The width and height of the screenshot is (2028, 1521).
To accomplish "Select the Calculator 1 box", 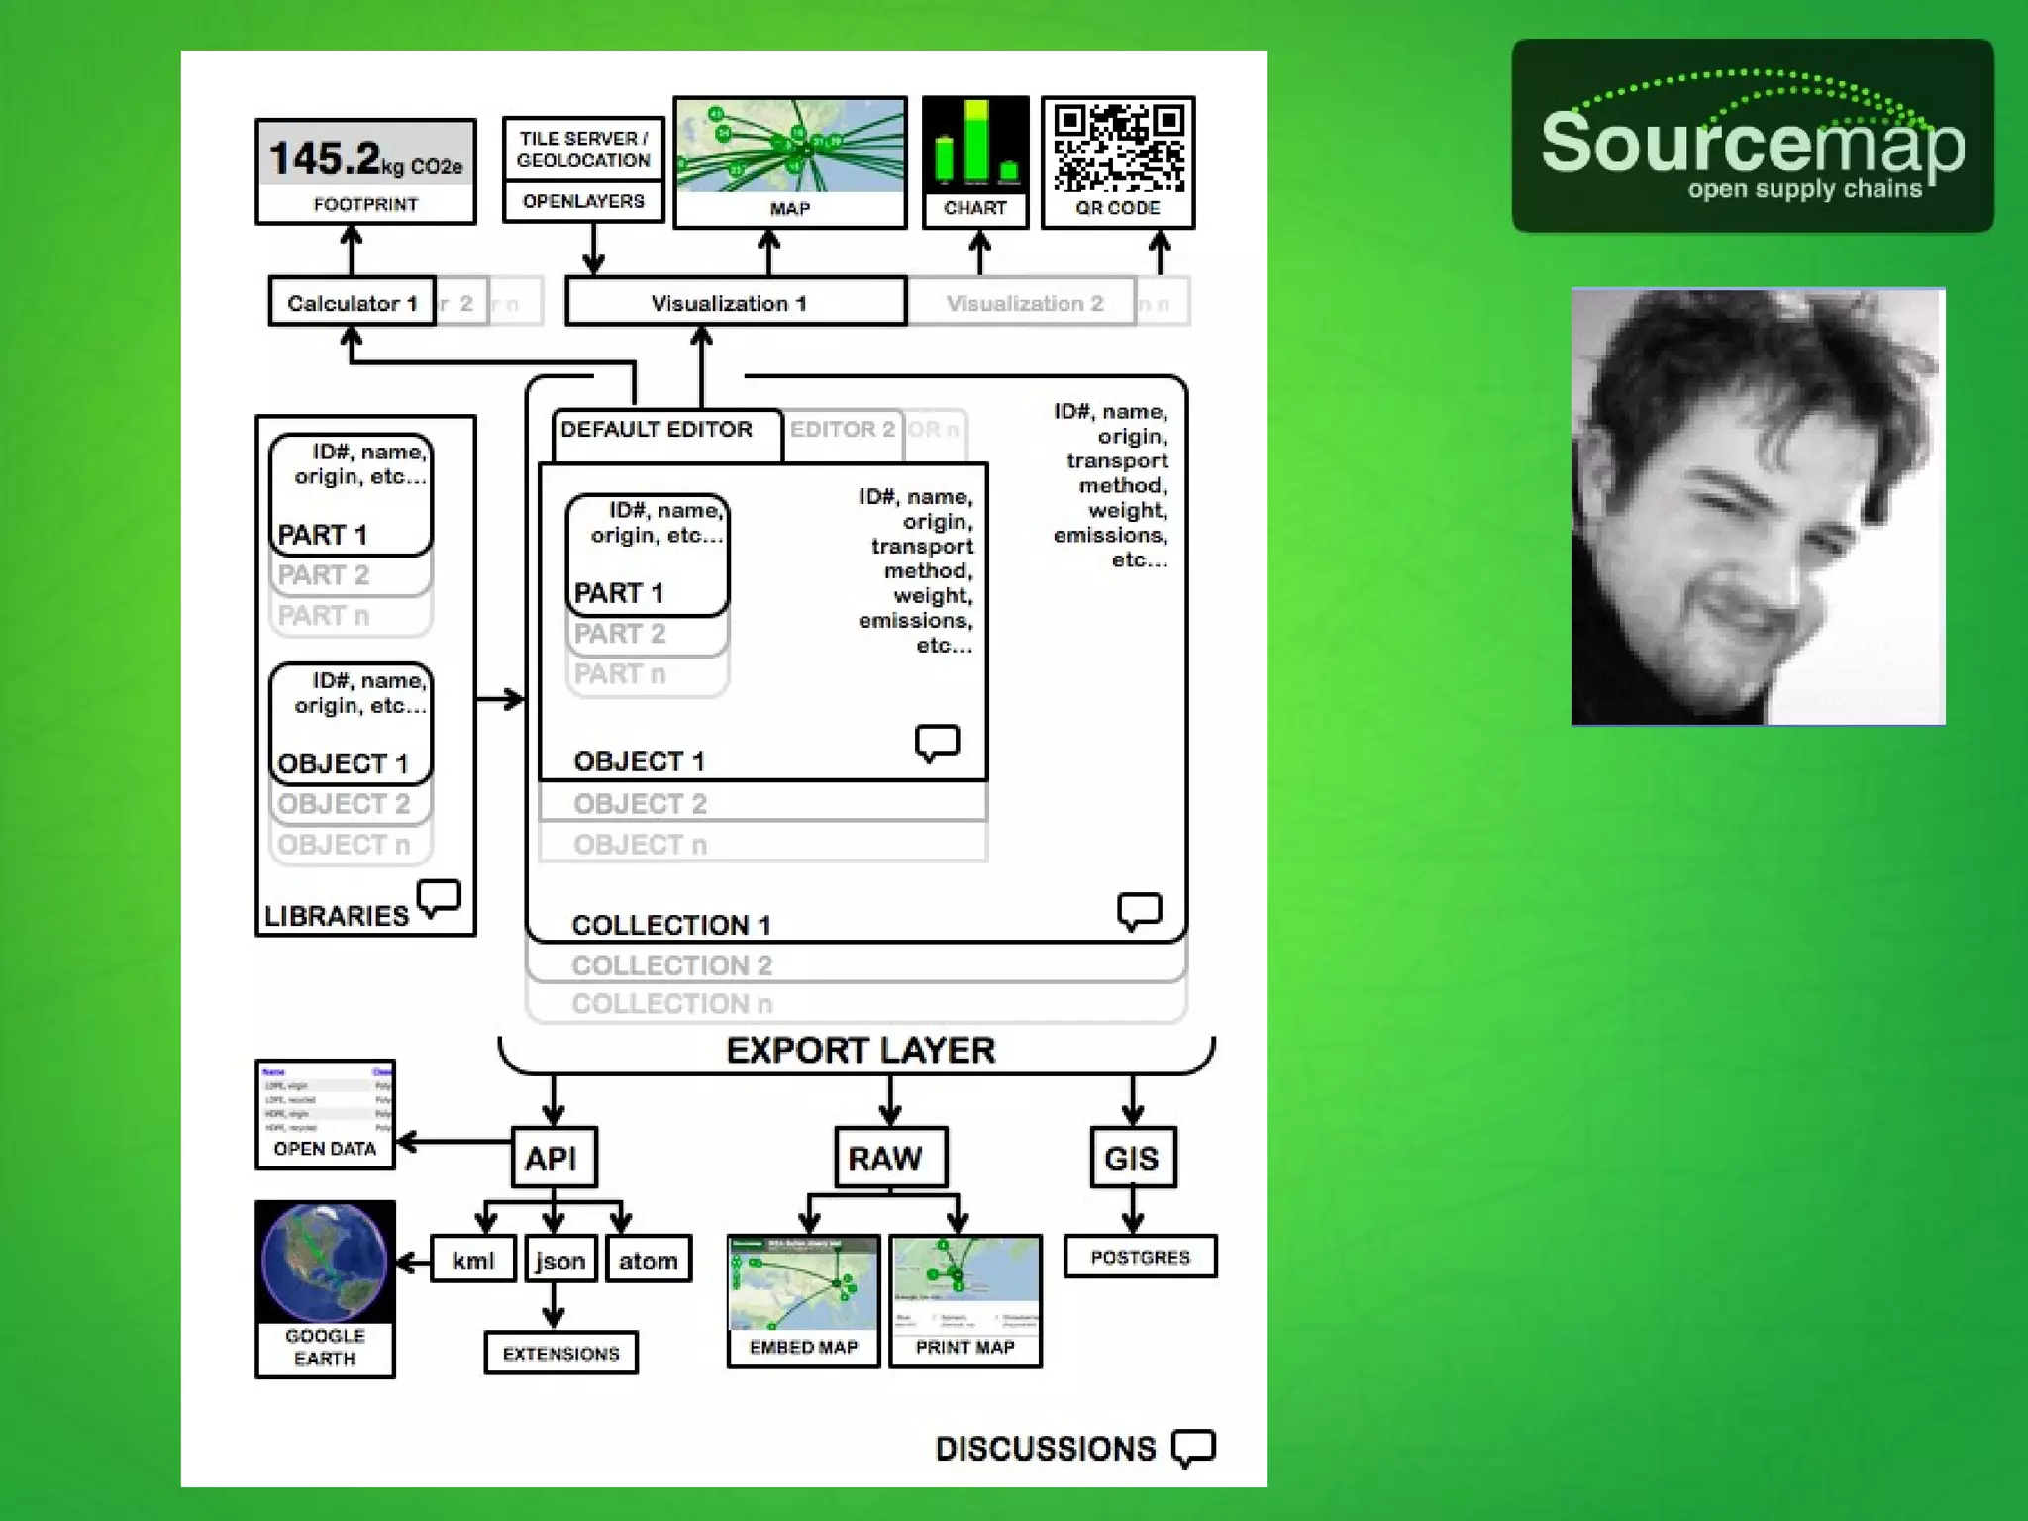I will click(352, 303).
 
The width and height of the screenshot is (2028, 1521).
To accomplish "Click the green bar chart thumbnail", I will click(975, 146).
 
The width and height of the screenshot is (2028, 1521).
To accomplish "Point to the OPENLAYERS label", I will click(583, 201).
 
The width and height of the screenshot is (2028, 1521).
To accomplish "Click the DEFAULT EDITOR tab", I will click(657, 430).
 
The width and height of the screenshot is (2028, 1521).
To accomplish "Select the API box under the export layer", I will click(553, 1158).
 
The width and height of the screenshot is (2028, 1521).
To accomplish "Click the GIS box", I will click(1132, 1158).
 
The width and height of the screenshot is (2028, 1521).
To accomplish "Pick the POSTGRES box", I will click(1140, 1257).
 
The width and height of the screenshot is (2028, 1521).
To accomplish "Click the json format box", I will click(559, 1261).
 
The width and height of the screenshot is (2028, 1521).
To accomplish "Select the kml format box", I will click(472, 1261).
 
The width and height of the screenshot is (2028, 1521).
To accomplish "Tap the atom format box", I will click(648, 1261).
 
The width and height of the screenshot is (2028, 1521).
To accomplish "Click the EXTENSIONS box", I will click(560, 1354).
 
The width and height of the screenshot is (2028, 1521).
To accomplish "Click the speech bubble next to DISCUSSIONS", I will click(1193, 1448).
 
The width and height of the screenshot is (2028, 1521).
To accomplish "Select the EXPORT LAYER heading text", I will click(860, 1051).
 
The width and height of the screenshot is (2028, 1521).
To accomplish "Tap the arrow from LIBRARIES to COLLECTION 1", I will click(500, 700).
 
